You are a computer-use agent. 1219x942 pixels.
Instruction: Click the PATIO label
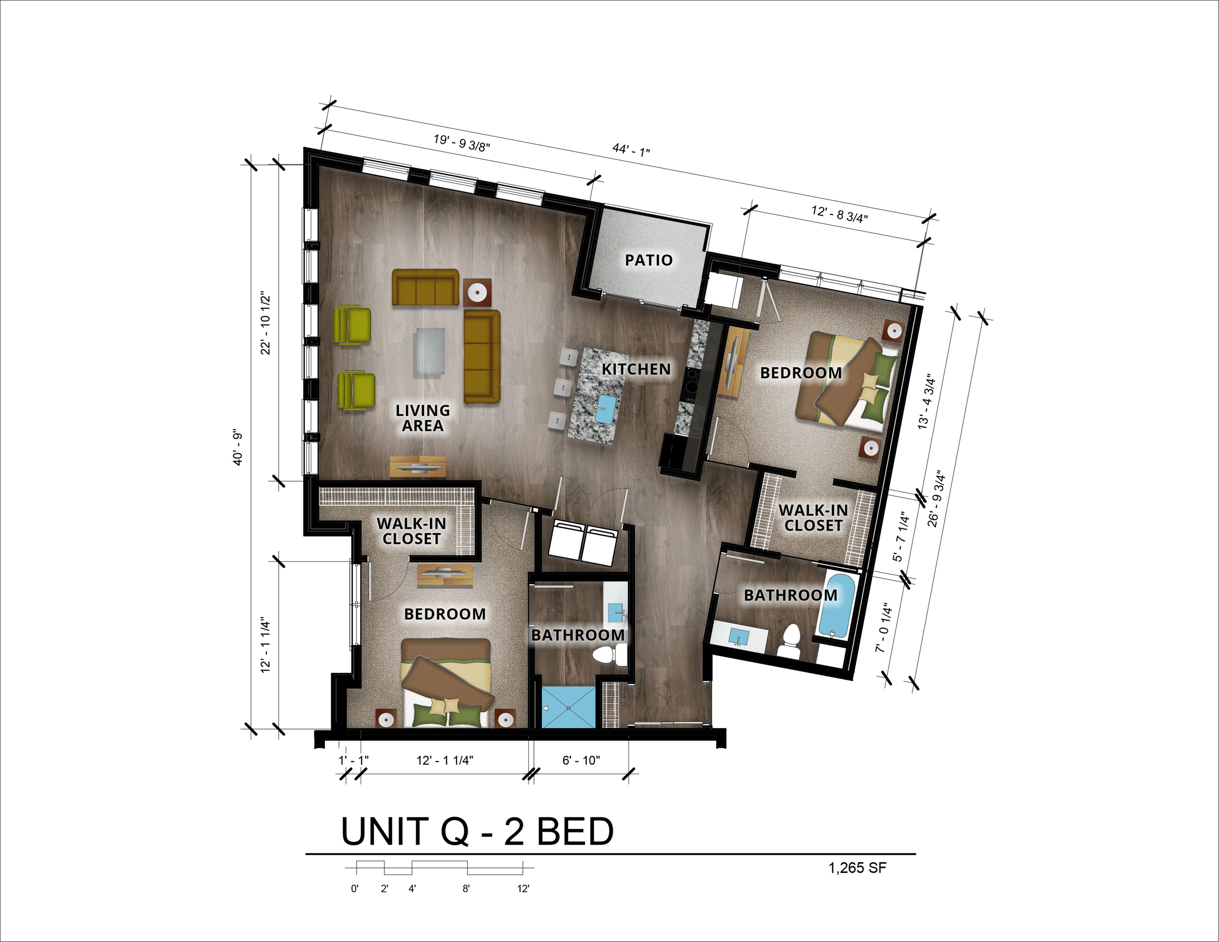[649, 260]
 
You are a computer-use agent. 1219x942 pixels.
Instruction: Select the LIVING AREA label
[423, 418]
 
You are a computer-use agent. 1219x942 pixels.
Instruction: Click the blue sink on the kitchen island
[605, 409]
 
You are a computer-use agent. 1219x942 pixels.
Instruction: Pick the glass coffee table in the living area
[430, 353]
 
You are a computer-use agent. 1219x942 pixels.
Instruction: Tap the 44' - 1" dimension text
[631, 150]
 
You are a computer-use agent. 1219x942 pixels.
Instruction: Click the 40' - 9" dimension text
[238, 448]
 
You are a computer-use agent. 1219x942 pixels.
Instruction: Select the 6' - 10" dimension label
[581, 760]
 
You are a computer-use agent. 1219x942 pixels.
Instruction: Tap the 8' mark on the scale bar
[466, 889]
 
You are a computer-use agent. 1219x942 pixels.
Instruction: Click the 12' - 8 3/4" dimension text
[840, 214]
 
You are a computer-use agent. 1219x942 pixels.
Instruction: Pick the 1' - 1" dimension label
[354, 760]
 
